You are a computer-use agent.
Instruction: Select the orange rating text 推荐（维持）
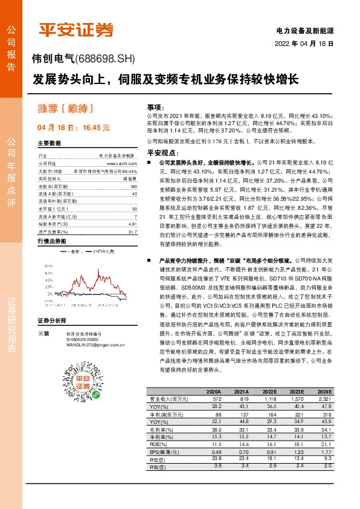65,109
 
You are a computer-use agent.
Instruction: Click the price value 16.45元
96,128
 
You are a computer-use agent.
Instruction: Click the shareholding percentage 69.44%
129,171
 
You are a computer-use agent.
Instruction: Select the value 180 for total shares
133,187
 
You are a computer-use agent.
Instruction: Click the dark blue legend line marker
88,251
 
